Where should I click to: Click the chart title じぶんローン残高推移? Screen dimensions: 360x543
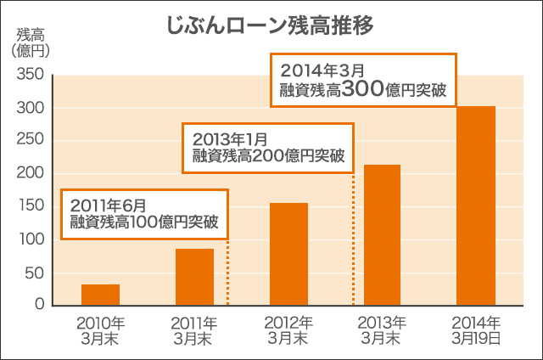pyautogui.click(x=271, y=24)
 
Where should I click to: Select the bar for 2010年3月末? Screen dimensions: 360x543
pyautogui.click(x=100, y=295)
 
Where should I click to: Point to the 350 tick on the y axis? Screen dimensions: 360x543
pyautogui.click(x=30, y=75)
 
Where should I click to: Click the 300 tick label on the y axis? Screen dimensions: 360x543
pyautogui.click(x=30, y=108)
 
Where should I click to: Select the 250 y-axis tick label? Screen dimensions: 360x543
pyautogui.click(x=30, y=141)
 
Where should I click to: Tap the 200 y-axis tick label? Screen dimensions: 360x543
pyautogui.click(x=30, y=174)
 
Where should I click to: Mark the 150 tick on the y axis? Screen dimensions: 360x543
pyautogui.click(x=30, y=206)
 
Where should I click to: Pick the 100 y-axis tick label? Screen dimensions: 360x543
pyautogui.click(x=30, y=239)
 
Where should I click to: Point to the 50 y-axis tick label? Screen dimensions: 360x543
pyautogui.click(x=33, y=273)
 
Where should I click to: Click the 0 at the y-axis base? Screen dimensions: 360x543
pyautogui.click(x=38, y=305)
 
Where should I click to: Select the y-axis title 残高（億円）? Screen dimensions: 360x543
pyautogui.click(x=33, y=42)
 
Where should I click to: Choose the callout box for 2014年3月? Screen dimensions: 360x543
pyautogui.click(x=363, y=80)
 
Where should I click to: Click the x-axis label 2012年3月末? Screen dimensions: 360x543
pyautogui.click(x=288, y=330)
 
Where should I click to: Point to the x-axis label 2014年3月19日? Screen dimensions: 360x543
pyautogui.click(x=476, y=330)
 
